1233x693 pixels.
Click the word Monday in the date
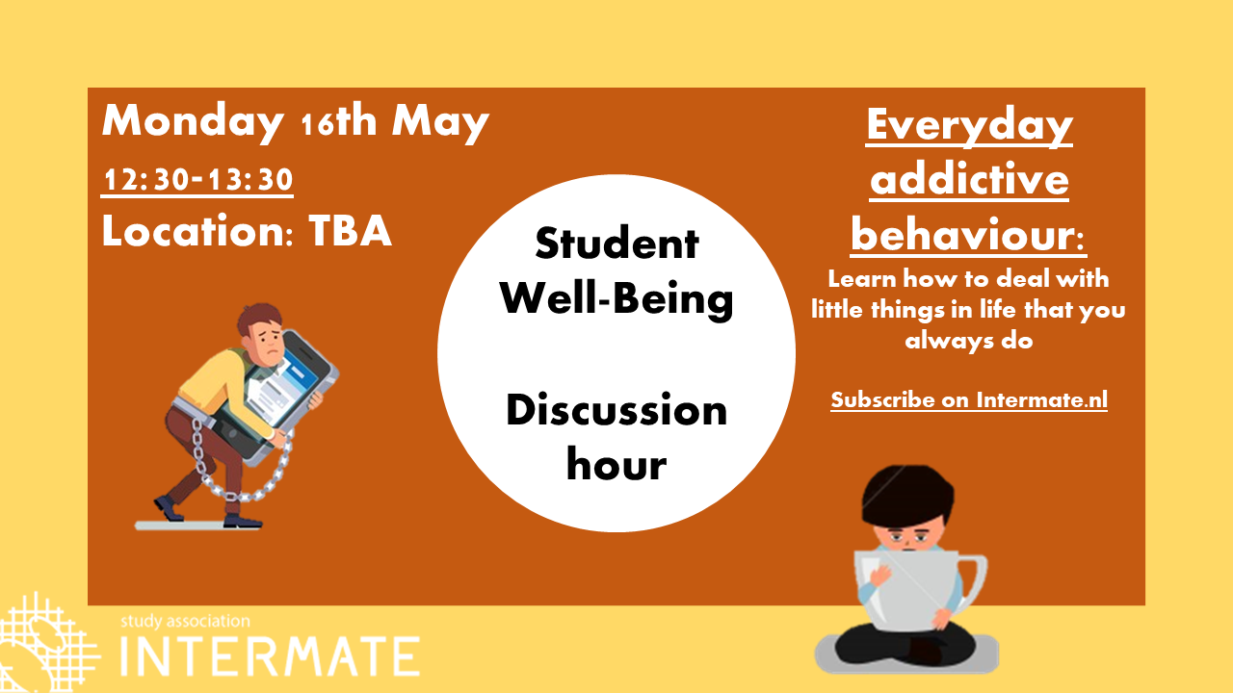(x=194, y=122)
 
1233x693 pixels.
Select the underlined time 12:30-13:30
(x=197, y=179)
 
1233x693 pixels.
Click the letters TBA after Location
(x=350, y=230)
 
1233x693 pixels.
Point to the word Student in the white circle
(x=617, y=244)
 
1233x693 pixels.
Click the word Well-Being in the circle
(x=616, y=298)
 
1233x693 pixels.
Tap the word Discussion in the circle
(x=616, y=410)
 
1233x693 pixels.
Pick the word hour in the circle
(x=616, y=464)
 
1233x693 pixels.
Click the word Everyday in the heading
(x=969, y=126)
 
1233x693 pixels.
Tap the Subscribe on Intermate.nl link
(x=969, y=399)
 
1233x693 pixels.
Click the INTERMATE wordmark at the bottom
(x=270, y=656)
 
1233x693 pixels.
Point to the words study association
(x=185, y=621)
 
